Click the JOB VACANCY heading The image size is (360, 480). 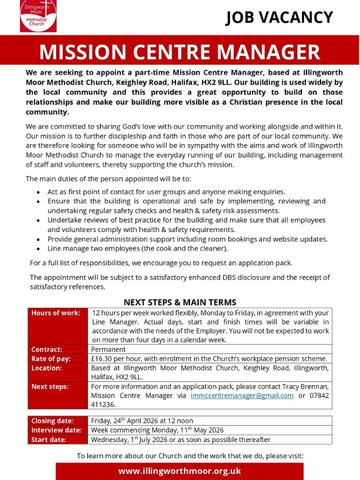(x=278, y=17)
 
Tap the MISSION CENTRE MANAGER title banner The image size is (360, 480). (x=179, y=52)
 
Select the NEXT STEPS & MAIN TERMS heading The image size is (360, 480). (x=180, y=302)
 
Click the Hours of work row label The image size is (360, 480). (x=56, y=313)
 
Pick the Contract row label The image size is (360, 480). (x=47, y=349)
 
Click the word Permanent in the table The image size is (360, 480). (x=109, y=349)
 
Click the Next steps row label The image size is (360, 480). (x=50, y=386)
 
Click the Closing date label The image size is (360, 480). (x=53, y=421)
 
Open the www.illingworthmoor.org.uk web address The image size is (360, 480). (x=180, y=471)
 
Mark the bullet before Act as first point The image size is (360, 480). (x=38, y=192)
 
